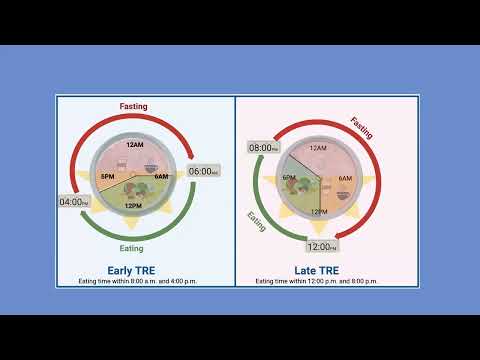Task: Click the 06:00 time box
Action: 203,171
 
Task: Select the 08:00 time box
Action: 265,147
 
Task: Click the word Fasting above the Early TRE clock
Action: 134,105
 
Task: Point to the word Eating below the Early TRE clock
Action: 132,248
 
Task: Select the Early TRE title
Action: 133,270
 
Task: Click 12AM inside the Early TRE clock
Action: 134,144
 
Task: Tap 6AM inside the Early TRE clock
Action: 162,177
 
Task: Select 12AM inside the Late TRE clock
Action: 318,148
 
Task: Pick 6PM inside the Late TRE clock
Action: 289,178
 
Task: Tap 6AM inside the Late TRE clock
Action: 346,178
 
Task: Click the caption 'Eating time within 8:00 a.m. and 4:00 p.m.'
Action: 138,281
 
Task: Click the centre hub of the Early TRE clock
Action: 134,174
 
